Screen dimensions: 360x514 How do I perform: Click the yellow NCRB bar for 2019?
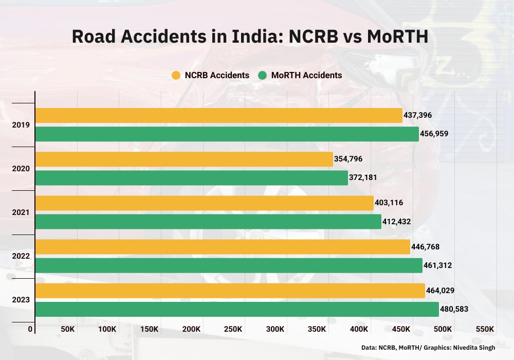218,115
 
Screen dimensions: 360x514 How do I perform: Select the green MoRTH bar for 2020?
191,178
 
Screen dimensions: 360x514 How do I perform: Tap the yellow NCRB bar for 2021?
204,203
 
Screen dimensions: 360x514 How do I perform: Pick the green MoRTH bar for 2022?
229,265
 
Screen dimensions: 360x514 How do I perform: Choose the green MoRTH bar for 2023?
237,309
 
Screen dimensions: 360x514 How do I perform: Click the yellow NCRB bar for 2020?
184,159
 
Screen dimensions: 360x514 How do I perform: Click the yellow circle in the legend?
176,76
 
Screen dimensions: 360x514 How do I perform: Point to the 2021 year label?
22,212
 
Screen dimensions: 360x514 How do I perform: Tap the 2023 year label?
22,300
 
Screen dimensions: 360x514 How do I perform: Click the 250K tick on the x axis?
233,329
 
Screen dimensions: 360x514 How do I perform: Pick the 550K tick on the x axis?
485,329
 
